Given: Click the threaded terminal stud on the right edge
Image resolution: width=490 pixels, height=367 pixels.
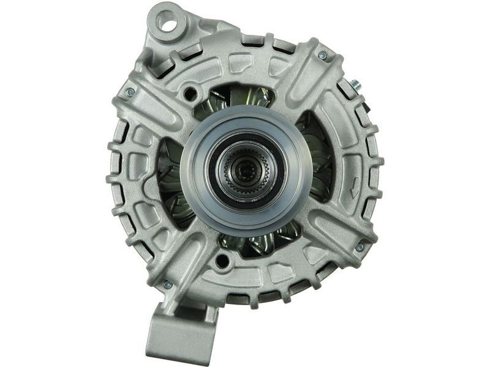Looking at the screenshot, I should [356, 84].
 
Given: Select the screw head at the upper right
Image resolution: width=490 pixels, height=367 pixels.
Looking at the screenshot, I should [323, 55].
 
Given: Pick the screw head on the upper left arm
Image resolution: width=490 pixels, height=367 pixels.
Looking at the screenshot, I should [130, 92].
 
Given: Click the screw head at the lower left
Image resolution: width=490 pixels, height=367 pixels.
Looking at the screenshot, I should [167, 284].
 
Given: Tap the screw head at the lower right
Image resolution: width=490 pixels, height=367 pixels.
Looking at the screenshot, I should [360, 247].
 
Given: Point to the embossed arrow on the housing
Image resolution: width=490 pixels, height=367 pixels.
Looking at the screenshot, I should [355, 191].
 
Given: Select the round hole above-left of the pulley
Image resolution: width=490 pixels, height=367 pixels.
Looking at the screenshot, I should [191, 94].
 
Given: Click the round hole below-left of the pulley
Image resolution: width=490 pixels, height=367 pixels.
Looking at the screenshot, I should [222, 261].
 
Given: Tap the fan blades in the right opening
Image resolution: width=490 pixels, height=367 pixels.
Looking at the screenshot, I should [318, 162].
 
